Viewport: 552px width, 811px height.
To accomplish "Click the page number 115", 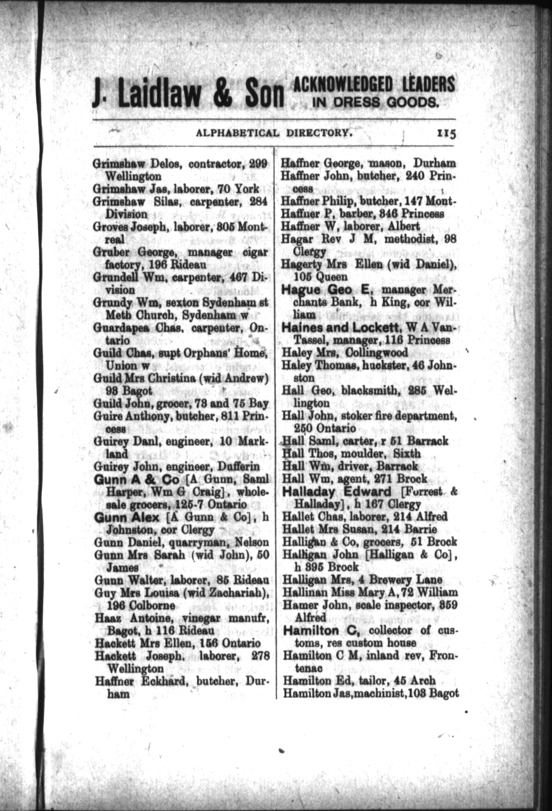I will (x=446, y=133).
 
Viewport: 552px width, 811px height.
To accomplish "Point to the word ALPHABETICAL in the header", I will (x=237, y=133).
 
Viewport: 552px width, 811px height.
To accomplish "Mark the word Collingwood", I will (x=376, y=353).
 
